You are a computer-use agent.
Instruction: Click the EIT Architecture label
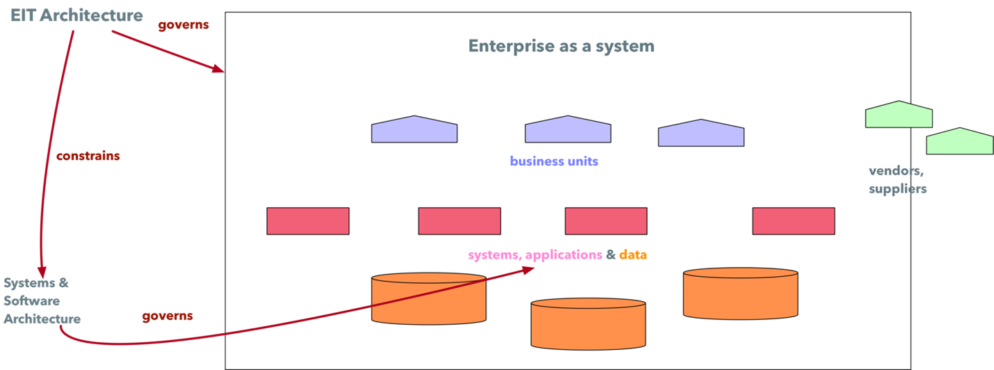[76, 15]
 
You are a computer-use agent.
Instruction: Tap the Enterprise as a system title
[561, 46]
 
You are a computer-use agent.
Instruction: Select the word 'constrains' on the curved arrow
[88, 156]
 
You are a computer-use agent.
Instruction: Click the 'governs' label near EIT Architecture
[184, 25]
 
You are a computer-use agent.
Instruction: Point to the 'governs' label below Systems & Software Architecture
[168, 316]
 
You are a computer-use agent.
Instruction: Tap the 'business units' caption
[554, 161]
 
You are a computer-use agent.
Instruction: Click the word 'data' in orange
[633, 255]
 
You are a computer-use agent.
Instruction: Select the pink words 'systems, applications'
[535, 255]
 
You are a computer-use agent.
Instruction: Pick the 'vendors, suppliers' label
[897, 179]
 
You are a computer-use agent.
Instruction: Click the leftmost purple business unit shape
[414, 130]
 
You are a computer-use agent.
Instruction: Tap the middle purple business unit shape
[568, 130]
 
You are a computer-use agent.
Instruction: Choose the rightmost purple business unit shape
[701, 134]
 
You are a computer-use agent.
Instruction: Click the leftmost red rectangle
[308, 221]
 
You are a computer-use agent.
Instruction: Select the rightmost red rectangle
[793, 221]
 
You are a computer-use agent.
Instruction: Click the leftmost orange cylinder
[428, 298]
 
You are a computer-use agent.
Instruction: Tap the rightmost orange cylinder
[740, 293]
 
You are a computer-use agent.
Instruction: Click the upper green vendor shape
[898, 115]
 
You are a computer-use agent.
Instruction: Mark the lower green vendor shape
[959, 142]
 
